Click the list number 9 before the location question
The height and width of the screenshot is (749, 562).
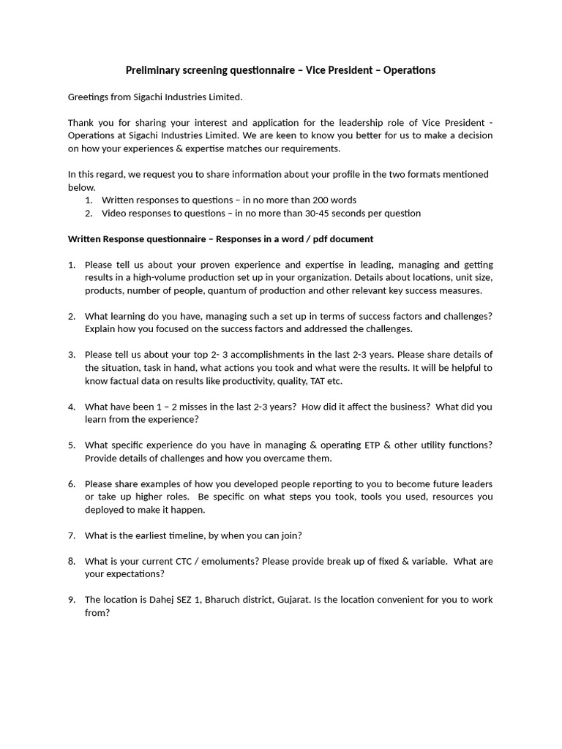[x=72, y=599]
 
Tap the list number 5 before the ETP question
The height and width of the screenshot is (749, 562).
[x=72, y=445]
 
